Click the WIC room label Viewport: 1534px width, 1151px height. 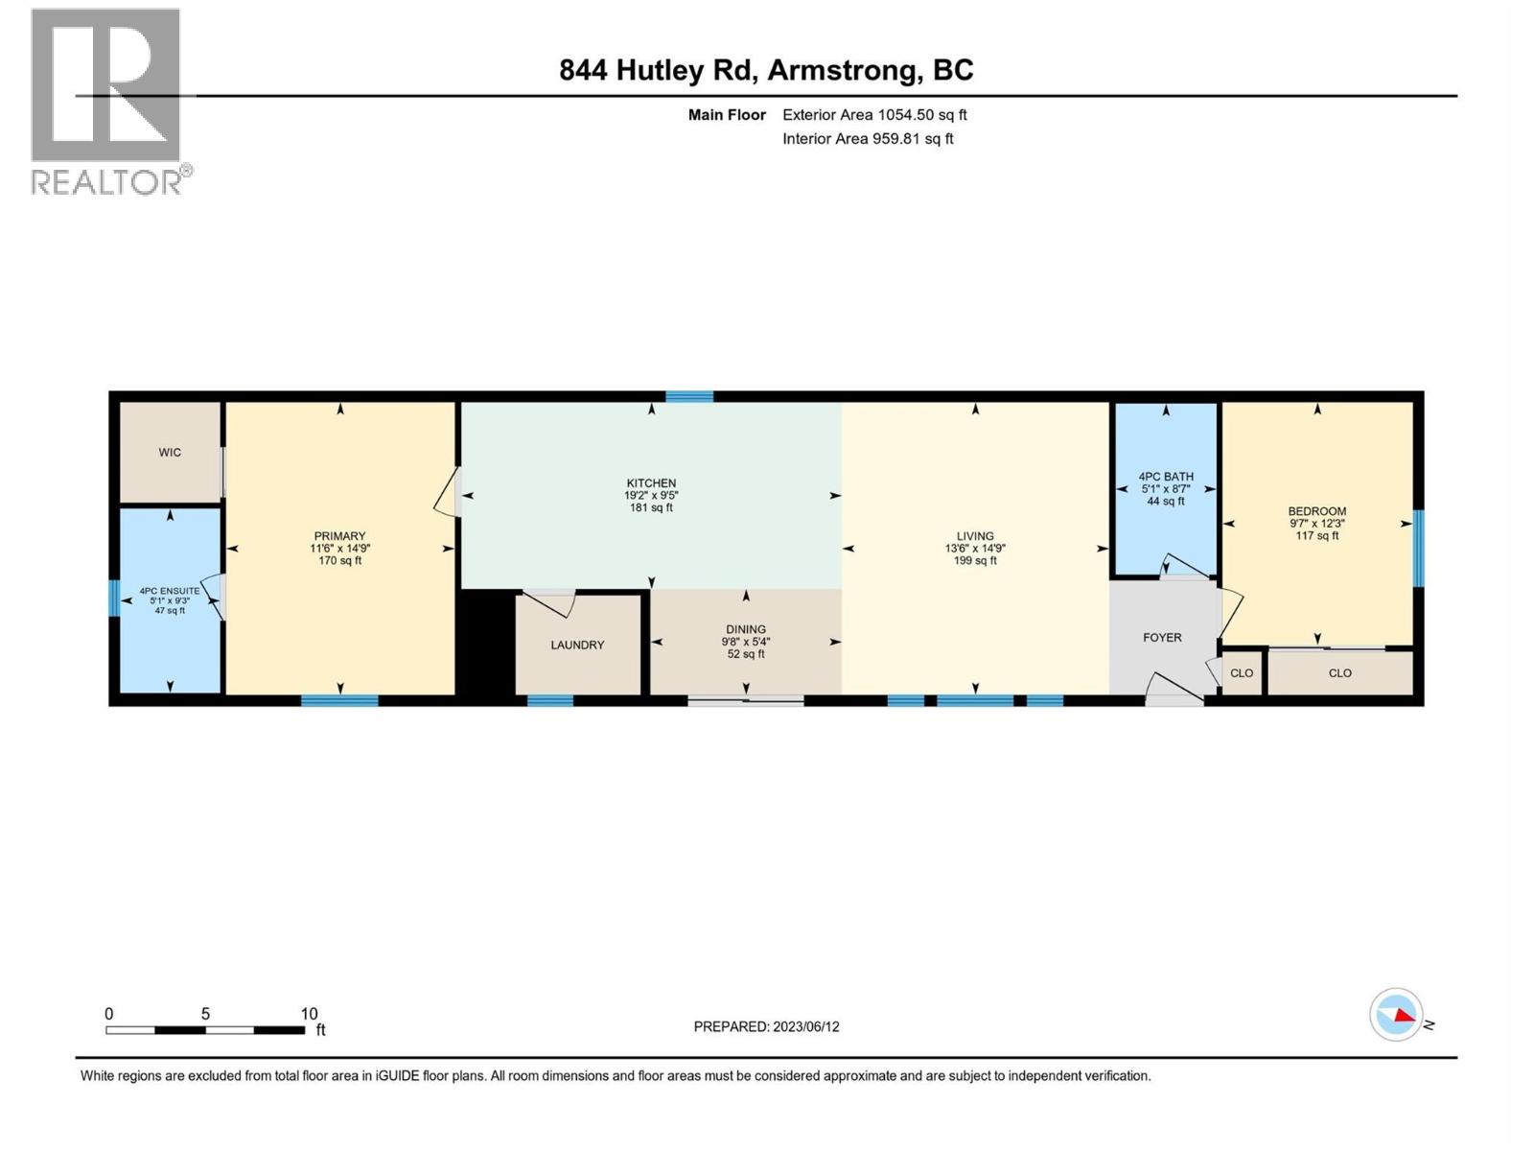pos(170,452)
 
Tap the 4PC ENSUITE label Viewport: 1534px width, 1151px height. pos(170,591)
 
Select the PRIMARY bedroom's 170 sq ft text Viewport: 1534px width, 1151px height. pos(339,561)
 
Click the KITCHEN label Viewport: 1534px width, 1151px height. pos(651,482)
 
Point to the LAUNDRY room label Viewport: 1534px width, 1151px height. pos(577,645)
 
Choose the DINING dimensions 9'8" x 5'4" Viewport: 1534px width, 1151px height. pos(746,642)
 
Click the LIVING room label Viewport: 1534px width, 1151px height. pos(975,536)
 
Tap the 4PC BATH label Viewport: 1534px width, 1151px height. pos(1166,476)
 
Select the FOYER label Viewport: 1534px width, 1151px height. pos(1162,637)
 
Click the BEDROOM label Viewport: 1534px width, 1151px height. pos(1317,511)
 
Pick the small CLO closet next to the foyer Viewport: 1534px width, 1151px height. pos(1242,673)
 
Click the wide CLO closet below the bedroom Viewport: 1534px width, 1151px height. pos(1340,673)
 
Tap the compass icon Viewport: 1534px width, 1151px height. pos(1396,1015)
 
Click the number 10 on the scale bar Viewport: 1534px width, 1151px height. pos(309,1014)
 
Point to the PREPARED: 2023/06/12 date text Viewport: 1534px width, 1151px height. pos(766,1026)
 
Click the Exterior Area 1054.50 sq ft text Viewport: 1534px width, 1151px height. pos(874,114)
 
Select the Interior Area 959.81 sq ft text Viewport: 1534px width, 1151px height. pos(868,138)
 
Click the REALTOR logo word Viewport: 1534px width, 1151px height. pos(107,181)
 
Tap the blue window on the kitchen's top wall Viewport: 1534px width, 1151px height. pos(689,396)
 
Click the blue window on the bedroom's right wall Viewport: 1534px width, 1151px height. pos(1419,548)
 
